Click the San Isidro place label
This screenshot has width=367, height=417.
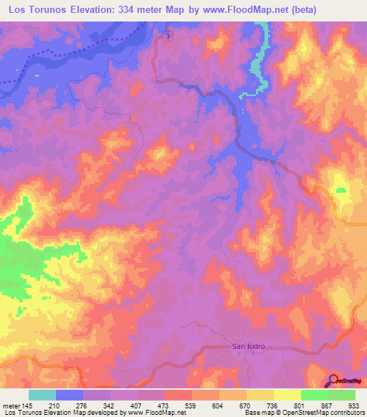click(249, 346)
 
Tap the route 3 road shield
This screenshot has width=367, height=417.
click(167, 36)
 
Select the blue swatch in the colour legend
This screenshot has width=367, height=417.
click(70, 395)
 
